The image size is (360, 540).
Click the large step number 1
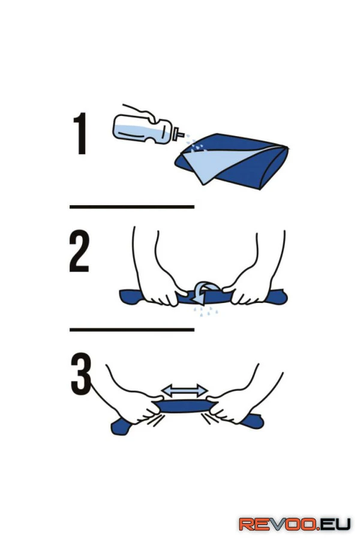(x=80, y=133)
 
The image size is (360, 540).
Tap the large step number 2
(x=79, y=251)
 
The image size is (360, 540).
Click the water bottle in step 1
(x=145, y=130)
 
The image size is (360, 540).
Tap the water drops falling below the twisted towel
(x=206, y=311)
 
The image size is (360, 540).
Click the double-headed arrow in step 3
(x=184, y=391)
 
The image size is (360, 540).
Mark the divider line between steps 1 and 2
(x=132, y=206)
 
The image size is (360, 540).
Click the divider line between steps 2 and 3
(x=132, y=329)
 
